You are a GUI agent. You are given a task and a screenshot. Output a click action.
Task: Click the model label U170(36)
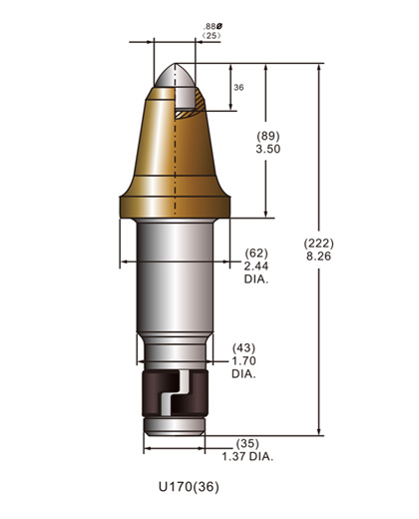click(189, 487)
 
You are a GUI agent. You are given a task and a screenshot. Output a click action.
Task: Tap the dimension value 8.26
click(318, 257)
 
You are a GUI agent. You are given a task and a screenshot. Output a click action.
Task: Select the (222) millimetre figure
click(318, 244)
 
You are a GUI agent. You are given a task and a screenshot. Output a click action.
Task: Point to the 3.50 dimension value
click(268, 149)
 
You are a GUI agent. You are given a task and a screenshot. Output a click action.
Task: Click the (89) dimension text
click(268, 136)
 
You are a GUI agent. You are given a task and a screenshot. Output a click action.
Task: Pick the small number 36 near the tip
click(238, 88)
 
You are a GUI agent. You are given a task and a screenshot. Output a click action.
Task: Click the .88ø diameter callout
click(213, 26)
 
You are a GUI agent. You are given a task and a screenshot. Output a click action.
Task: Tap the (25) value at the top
click(211, 35)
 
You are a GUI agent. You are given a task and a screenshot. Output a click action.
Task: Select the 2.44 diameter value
click(256, 266)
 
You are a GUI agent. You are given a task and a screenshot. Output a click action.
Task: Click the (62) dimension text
click(256, 254)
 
